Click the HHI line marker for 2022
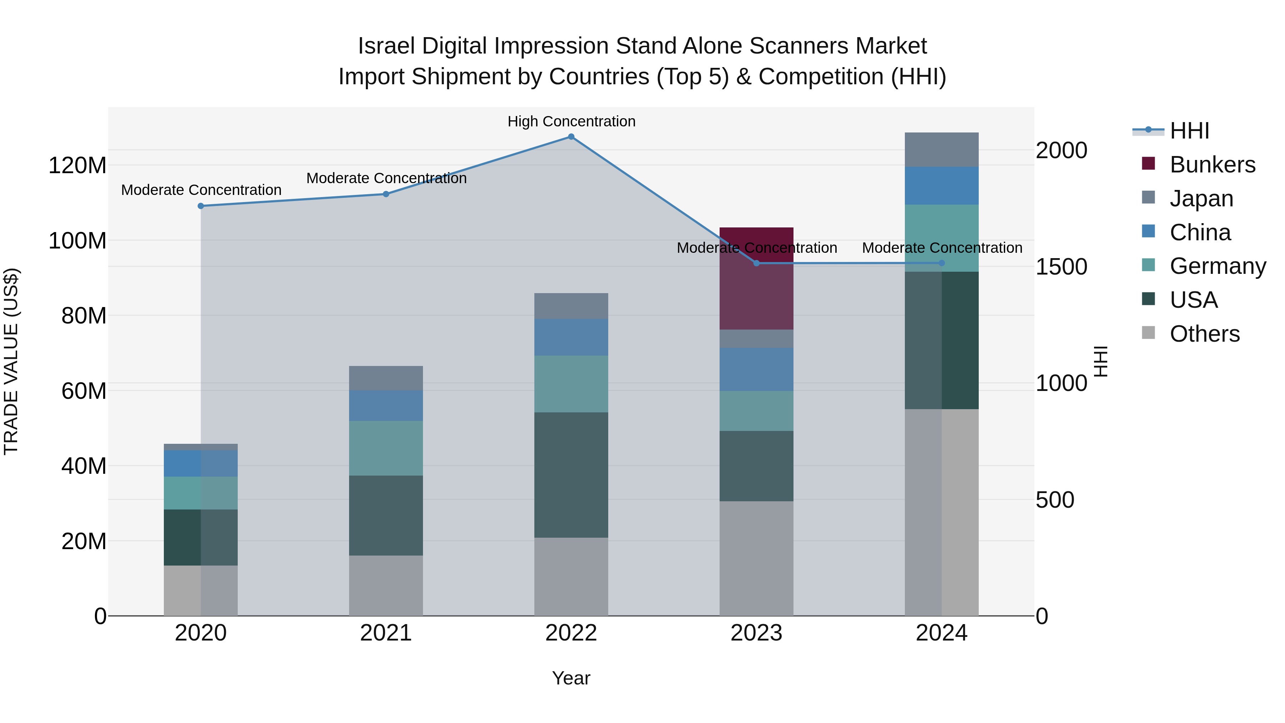coord(571,137)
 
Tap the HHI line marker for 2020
coord(201,206)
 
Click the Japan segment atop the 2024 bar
coord(941,150)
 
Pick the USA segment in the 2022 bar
coord(571,475)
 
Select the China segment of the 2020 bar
coord(201,463)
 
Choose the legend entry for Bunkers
coord(1212,165)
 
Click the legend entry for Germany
coord(1217,266)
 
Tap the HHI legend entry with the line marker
coord(1189,131)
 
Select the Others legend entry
coord(1204,334)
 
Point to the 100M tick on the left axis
coord(77,241)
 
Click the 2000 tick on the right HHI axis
coord(1061,150)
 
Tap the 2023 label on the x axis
coord(756,633)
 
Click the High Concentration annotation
coord(571,121)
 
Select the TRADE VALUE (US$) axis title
coord(11,361)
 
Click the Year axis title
coord(571,678)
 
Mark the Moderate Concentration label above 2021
coord(386,178)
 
